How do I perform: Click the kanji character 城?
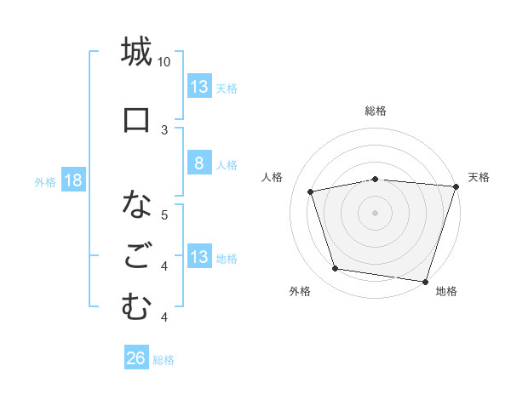click(136, 52)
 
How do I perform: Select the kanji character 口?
click(136, 118)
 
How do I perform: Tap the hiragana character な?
click(136, 205)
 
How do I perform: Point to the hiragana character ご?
click(136, 255)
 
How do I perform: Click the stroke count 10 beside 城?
click(164, 62)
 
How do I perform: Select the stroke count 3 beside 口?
click(164, 129)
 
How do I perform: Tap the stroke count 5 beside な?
click(164, 214)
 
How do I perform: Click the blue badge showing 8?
click(198, 164)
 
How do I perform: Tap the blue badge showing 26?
click(135, 359)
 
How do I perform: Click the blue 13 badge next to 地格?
click(198, 258)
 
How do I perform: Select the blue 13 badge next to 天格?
click(198, 87)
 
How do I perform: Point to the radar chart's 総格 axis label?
click(376, 111)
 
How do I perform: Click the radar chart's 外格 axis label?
click(299, 291)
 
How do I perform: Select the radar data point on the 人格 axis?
click(311, 191)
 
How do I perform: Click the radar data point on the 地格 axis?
click(425, 280)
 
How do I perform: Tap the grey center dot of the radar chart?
click(376, 212)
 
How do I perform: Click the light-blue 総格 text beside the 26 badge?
click(164, 360)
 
